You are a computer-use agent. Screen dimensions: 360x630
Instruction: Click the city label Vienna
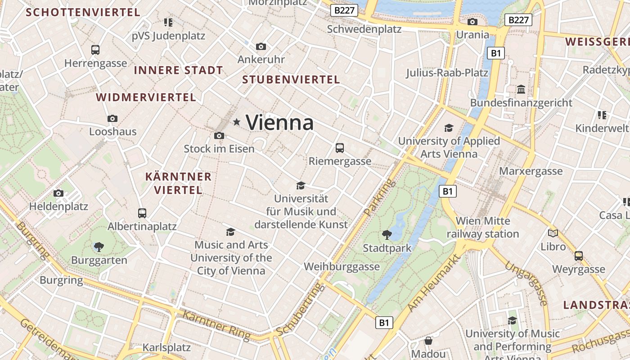(279, 122)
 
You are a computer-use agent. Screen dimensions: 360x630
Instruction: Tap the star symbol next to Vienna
(237, 122)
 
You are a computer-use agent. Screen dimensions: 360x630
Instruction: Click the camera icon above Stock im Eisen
(219, 135)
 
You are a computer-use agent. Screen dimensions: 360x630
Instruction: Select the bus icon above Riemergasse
(340, 148)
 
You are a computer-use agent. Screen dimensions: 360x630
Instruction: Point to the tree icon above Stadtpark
(387, 234)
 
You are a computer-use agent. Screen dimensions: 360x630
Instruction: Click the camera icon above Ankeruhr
(261, 46)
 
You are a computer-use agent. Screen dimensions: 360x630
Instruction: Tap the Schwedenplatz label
(364, 29)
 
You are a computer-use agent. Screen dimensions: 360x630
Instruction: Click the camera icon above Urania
(472, 22)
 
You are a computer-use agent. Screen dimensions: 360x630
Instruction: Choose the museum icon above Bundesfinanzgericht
(521, 90)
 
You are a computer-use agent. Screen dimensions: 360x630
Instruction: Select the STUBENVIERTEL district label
(291, 80)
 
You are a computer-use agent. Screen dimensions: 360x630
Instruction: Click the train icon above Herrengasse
(95, 50)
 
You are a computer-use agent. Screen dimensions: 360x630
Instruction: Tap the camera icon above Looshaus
(112, 119)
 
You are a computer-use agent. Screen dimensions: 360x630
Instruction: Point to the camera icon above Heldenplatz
(58, 193)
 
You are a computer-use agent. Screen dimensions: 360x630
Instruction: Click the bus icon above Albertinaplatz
(142, 213)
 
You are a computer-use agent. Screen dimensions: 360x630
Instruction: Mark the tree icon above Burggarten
(99, 247)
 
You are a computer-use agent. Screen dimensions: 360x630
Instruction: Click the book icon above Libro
(553, 233)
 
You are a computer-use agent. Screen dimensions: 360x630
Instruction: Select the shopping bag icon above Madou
(428, 341)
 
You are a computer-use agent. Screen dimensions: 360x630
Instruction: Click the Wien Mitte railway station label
(483, 227)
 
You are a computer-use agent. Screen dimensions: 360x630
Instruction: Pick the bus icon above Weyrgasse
(579, 256)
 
